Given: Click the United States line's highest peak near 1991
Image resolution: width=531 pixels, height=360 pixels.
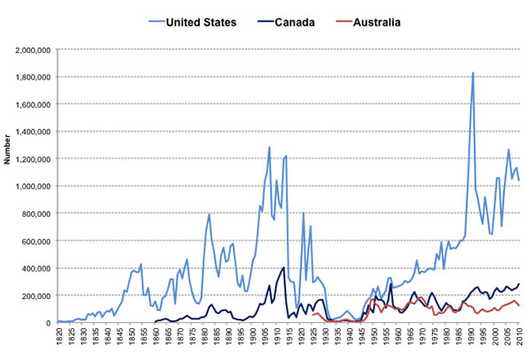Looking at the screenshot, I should pyautogui.click(x=473, y=73).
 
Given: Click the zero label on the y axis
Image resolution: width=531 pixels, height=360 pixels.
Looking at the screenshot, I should pyautogui.click(x=50, y=322).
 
